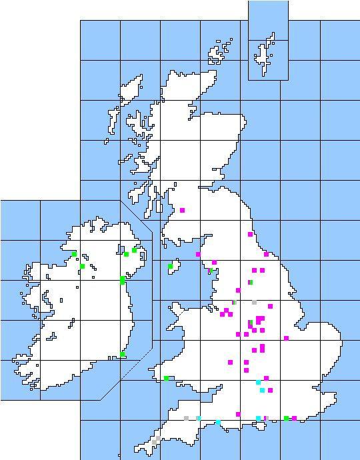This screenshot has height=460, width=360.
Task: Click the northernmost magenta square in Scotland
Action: pyautogui.click(x=182, y=210)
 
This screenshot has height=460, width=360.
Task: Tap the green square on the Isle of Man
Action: pyautogui.click(x=170, y=266)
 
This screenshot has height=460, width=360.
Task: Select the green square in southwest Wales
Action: pyautogui.click(x=166, y=378)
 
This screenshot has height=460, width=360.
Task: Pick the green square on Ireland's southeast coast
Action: pyautogui.click(x=123, y=354)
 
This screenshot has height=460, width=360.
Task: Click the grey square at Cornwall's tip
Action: pyautogui.click(x=154, y=441)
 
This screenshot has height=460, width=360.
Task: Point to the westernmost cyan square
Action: pyautogui.click(x=198, y=418)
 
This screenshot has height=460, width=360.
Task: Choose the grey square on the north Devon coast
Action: pyautogui.click(x=186, y=418)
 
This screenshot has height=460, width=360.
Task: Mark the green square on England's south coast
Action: pyautogui.click(x=286, y=418)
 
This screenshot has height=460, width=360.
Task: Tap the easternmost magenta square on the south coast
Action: pyautogui.click(x=294, y=419)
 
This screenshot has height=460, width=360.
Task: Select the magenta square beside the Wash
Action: pyautogui.click(x=286, y=338)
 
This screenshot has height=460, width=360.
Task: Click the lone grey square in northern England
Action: pyautogui.click(x=254, y=302)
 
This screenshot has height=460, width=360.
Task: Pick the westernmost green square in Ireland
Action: pyautogui.click(x=74, y=254)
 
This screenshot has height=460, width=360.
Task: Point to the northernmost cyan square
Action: pyautogui.click(x=258, y=383)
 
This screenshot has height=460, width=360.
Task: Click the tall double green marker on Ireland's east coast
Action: pyautogui.click(x=122, y=280)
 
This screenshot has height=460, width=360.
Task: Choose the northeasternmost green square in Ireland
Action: pyautogui.click(x=134, y=250)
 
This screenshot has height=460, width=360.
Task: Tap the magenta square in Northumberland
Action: pyautogui.click(x=250, y=234)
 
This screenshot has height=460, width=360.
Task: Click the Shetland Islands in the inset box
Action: pyautogui.click(x=266, y=50)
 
